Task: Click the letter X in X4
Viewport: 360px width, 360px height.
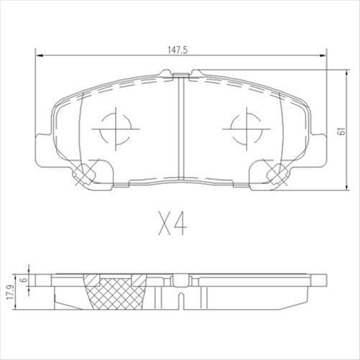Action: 165,226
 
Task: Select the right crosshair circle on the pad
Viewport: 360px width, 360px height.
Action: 244,129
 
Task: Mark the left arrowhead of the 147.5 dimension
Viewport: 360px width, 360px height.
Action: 38,56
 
